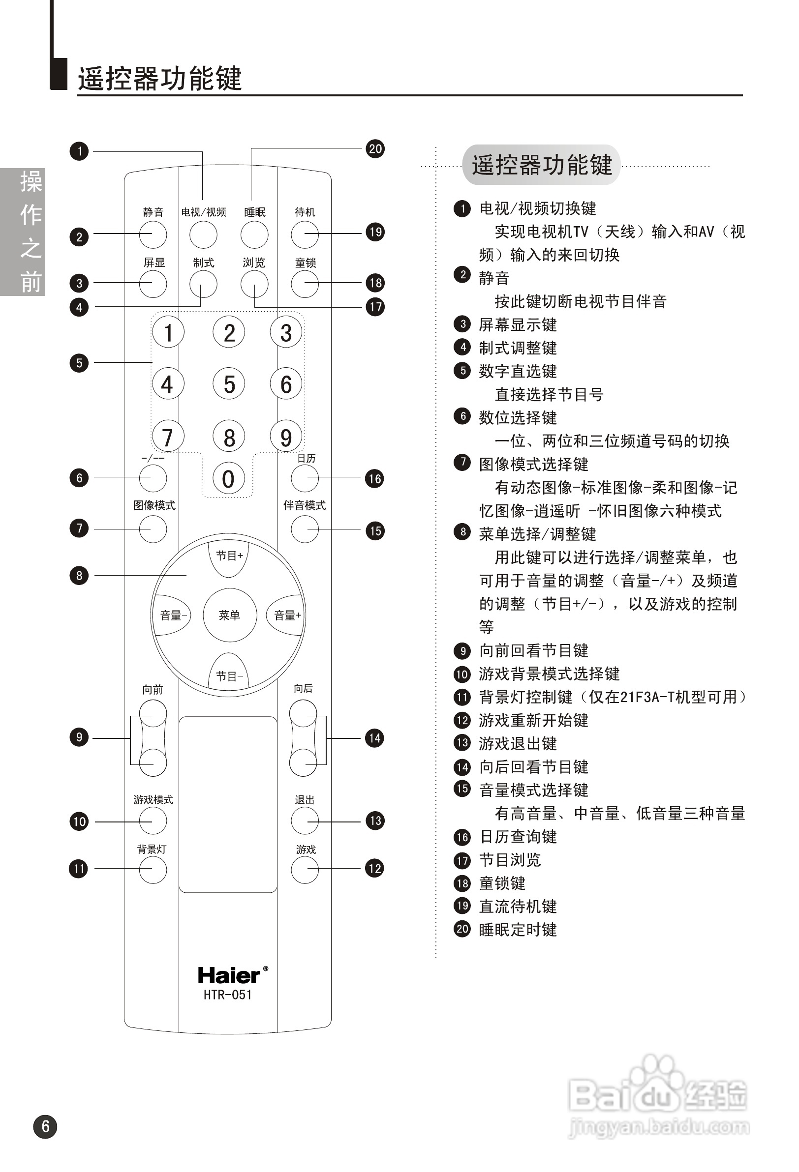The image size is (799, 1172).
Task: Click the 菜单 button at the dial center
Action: pos(230,615)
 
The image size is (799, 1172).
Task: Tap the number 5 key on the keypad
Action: pos(229,384)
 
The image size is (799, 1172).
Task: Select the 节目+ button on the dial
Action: pos(229,557)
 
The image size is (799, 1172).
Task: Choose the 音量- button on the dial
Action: pos(173,615)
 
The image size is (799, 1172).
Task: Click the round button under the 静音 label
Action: pos(153,234)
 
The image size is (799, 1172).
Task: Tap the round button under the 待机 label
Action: pos(305,234)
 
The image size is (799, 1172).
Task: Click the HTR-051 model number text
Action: pos(228,995)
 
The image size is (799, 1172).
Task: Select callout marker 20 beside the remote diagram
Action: pos(375,149)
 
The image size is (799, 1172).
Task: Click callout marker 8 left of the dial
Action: pos(79,575)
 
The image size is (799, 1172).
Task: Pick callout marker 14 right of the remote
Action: pos(374,738)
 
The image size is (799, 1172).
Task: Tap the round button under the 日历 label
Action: pos(305,478)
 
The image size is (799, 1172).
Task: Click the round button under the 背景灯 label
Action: pos(153,870)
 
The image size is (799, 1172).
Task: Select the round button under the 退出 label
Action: pos(305,820)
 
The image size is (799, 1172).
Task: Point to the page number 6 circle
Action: pos(45,1127)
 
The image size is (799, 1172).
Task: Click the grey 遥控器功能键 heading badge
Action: pos(541,165)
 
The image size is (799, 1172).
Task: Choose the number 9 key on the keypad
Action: pos(286,437)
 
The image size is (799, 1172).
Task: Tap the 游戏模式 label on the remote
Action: pos(153,799)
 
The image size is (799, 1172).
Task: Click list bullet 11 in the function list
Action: pos(462,697)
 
